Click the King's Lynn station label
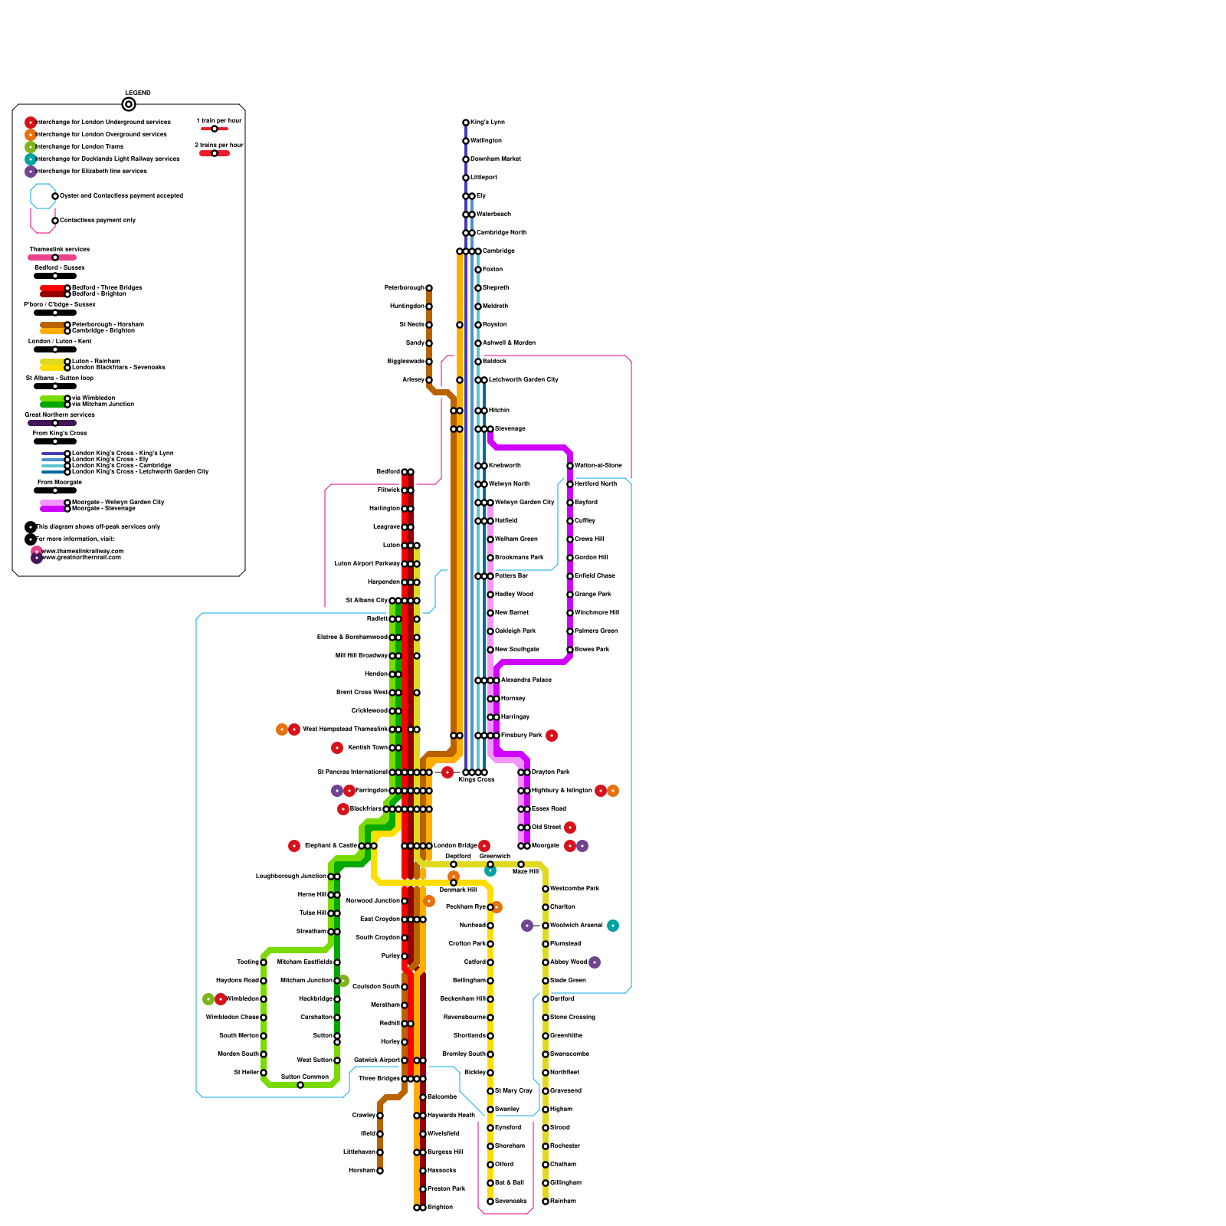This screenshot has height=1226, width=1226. click(487, 123)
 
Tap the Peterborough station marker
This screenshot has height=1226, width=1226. click(429, 288)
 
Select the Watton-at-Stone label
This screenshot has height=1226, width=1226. click(598, 466)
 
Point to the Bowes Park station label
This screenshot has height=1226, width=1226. click(592, 650)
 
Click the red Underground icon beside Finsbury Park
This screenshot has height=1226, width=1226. click(552, 736)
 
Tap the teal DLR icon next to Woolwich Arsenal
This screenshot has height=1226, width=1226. click(613, 926)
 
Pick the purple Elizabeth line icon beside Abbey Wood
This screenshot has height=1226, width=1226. click(595, 962)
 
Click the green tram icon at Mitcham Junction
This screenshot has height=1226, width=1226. click(343, 981)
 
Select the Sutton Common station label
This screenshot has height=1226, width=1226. click(304, 1077)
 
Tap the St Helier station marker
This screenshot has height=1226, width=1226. click(264, 1073)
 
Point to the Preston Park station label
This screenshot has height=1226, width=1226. click(447, 1189)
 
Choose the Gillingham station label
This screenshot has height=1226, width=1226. click(565, 1183)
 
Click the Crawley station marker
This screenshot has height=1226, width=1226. click(380, 1116)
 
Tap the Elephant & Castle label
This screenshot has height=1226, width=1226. click(330, 846)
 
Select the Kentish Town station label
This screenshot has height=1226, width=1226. click(368, 748)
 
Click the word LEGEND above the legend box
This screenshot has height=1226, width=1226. click(138, 93)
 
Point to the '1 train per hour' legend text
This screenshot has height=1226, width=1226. click(219, 121)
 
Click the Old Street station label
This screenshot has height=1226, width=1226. click(546, 828)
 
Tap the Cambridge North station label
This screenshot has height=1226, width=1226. click(501, 233)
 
